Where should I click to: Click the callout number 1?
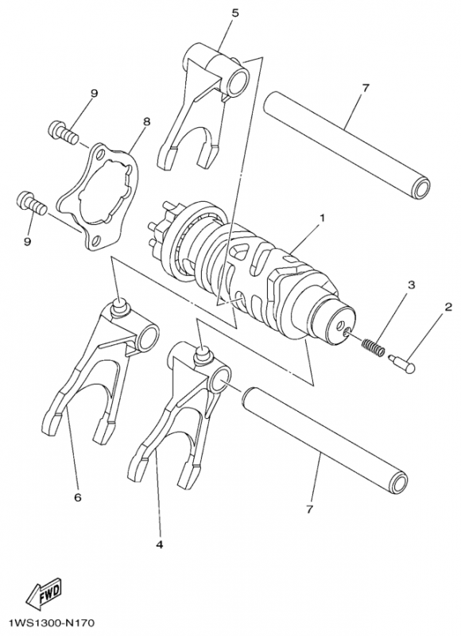tap(321, 216)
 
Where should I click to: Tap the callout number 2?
tap(448, 308)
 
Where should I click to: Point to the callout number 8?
tap(146, 122)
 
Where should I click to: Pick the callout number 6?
tap(77, 498)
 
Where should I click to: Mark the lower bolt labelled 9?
tap(31, 203)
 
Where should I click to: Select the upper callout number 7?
tap(365, 87)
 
